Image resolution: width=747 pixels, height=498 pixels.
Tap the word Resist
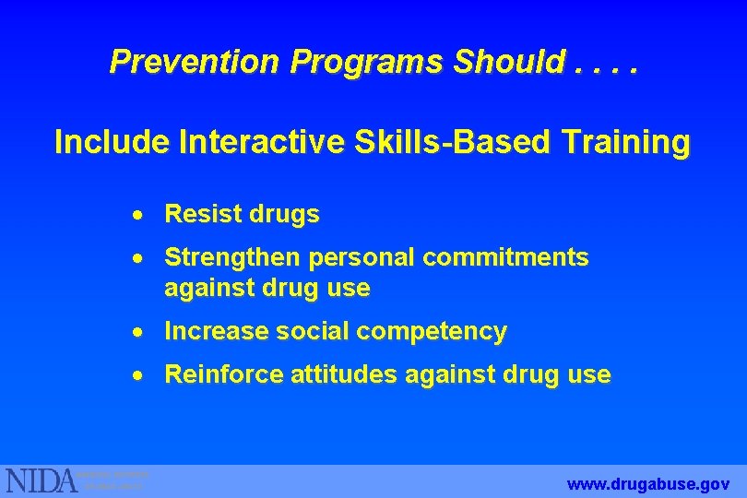pyautogui.click(x=202, y=215)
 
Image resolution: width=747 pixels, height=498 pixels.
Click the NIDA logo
pyautogui.click(x=42, y=480)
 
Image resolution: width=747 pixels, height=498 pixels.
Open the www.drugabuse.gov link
pyautogui.click(x=649, y=483)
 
